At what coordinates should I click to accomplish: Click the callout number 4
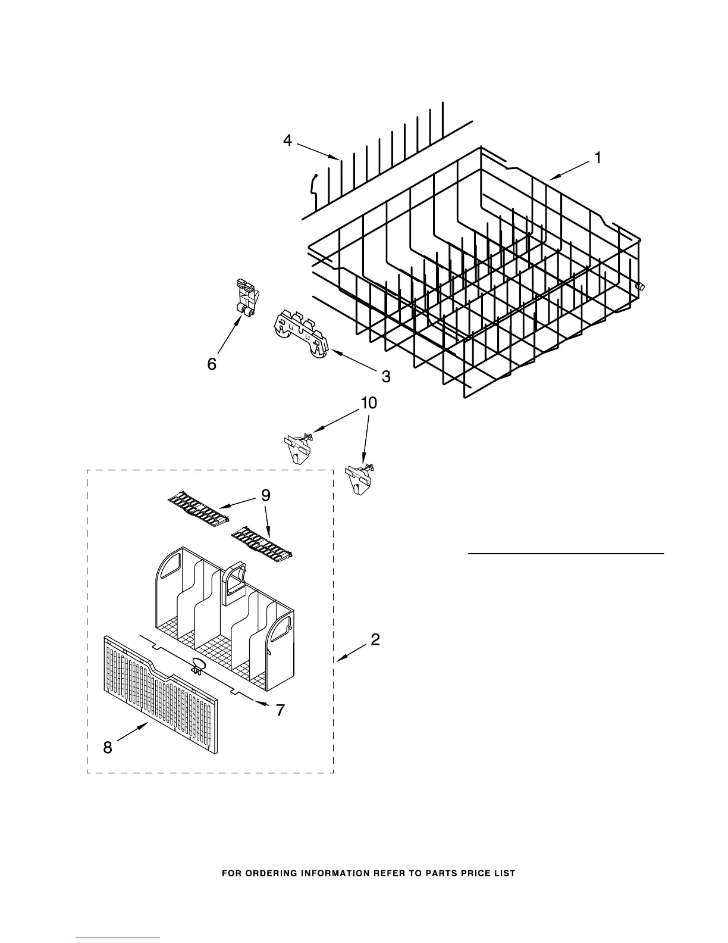click(x=288, y=141)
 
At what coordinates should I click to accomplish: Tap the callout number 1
click(x=597, y=158)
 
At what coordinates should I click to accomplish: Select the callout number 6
click(x=212, y=364)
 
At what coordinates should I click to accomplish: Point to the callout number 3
click(x=385, y=376)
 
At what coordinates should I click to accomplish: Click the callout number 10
click(x=369, y=403)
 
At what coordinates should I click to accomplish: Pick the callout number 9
click(x=265, y=495)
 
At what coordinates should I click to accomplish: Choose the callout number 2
click(x=375, y=639)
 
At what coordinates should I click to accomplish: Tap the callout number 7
click(x=280, y=710)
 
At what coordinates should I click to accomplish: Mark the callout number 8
click(x=108, y=748)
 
